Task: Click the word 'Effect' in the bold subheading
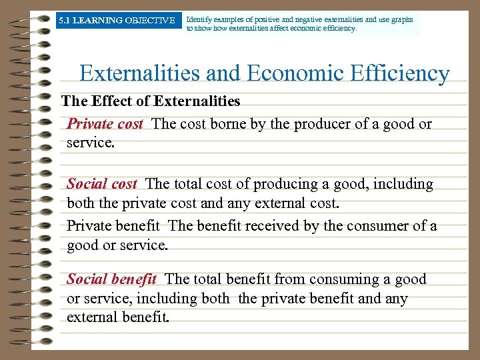click(x=115, y=101)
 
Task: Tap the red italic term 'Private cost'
click(x=105, y=124)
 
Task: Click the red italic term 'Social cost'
click(x=102, y=184)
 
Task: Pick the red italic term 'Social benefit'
click(x=112, y=279)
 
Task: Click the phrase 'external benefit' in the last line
click(x=117, y=317)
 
